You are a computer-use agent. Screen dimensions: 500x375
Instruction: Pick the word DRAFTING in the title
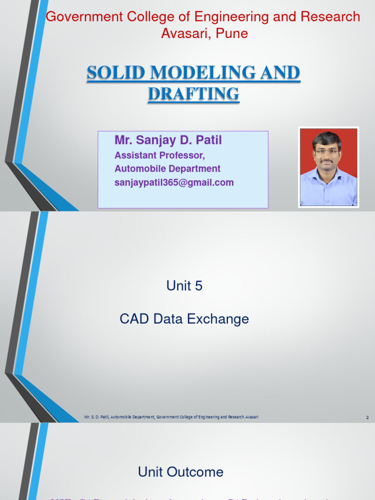pyautogui.click(x=193, y=94)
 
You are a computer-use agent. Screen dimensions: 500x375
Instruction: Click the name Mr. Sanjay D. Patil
pyautogui.click(x=168, y=141)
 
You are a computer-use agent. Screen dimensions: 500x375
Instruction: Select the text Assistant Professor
pyautogui.click(x=160, y=155)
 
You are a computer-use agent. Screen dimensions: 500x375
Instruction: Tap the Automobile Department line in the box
pyautogui.click(x=167, y=169)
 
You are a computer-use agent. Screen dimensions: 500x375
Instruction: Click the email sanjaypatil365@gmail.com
pyautogui.click(x=174, y=183)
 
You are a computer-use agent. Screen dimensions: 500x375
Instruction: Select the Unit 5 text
pyautogui.click(x=184, y=286)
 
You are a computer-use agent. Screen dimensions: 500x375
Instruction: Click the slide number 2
pyautogui.click(x=367, y=417)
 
